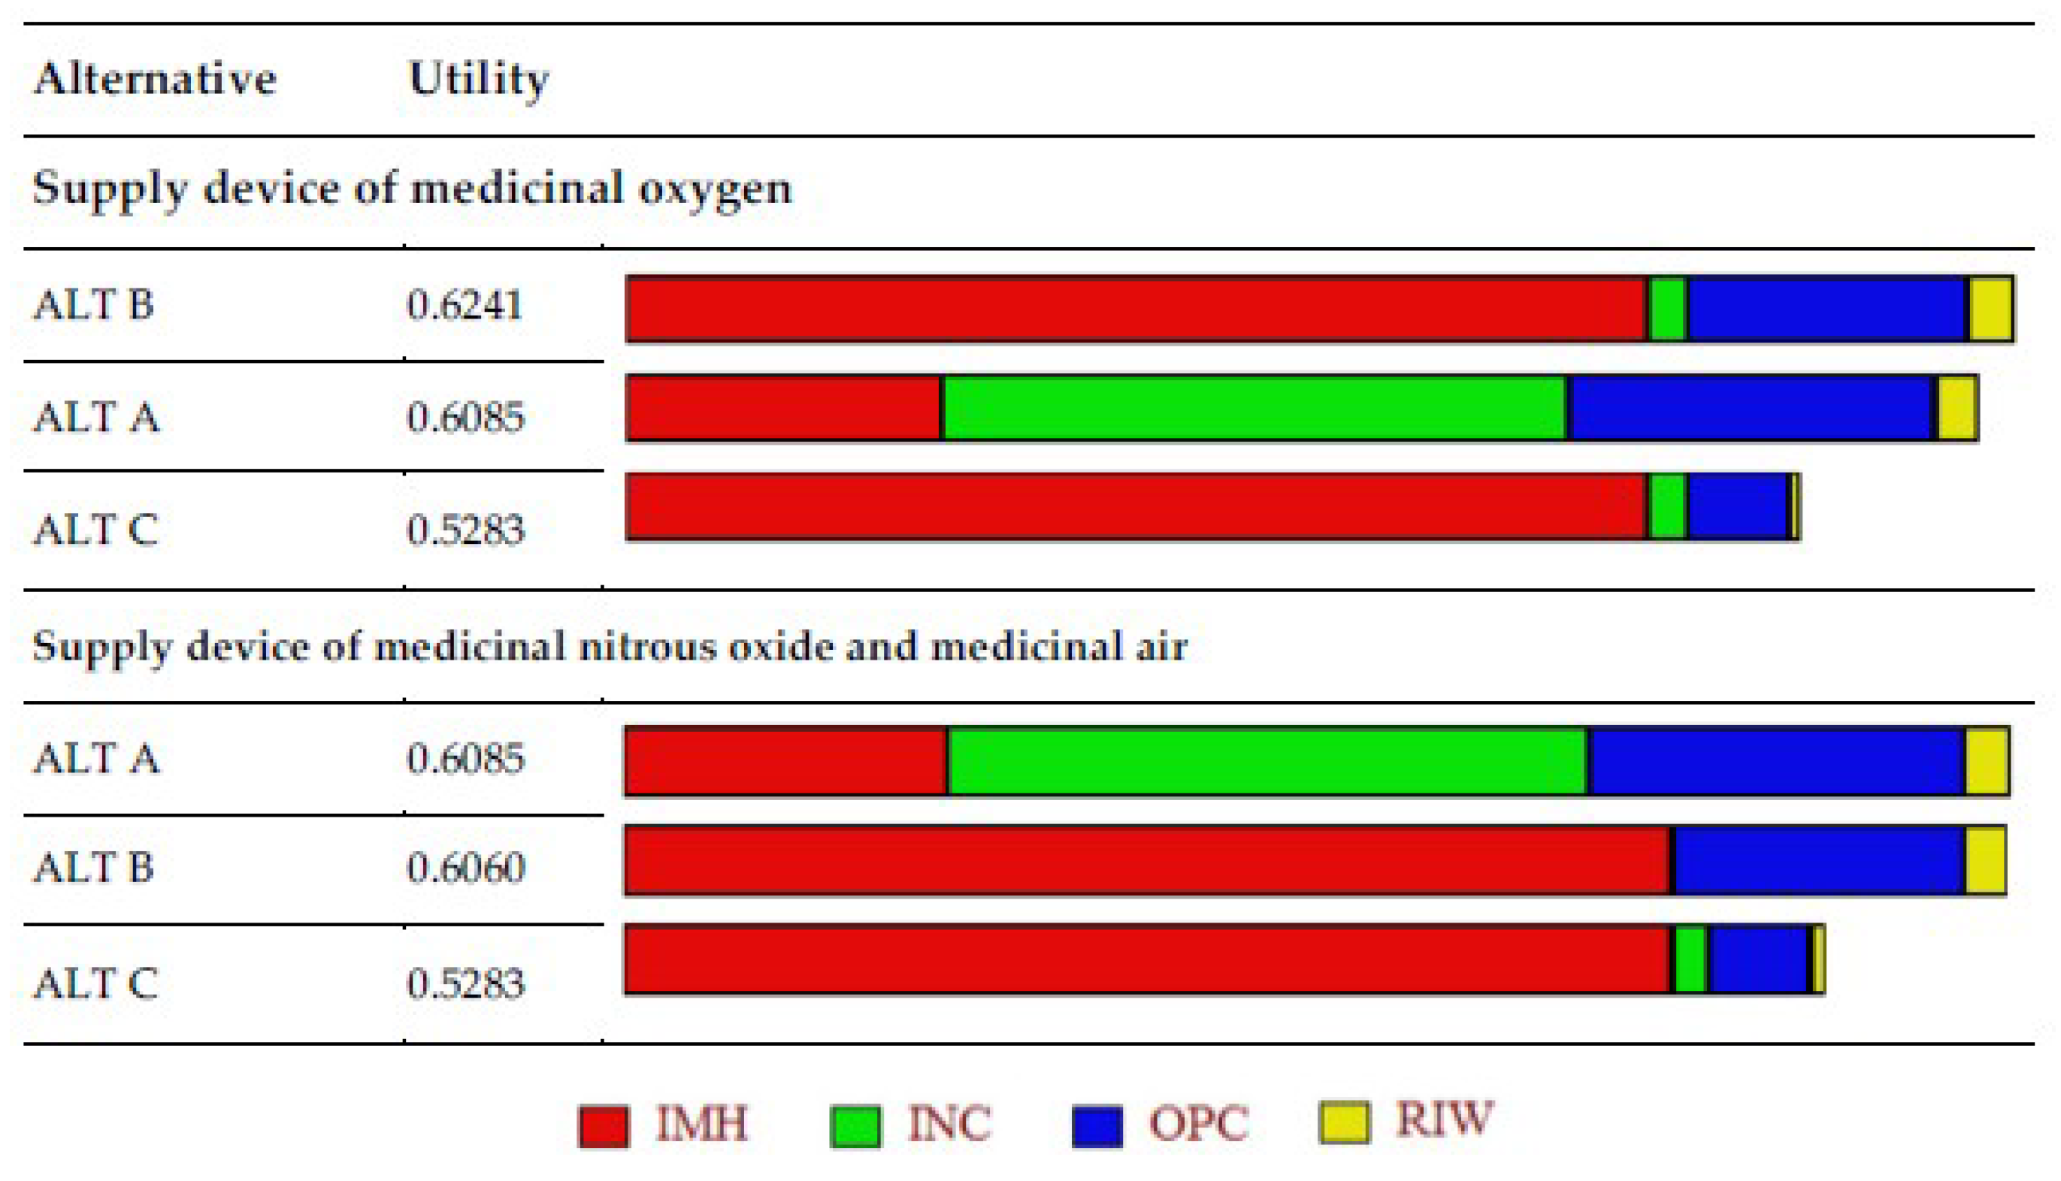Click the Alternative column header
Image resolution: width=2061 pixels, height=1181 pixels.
click(x=154, y=80)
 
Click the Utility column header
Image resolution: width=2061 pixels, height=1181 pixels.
click(x=479, y=80)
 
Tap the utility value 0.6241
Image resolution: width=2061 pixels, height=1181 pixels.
click(x=465, y=305)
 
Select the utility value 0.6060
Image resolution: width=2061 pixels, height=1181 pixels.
click(x=466, y=868)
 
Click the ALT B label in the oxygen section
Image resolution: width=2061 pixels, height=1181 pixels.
click(x=93, y=305)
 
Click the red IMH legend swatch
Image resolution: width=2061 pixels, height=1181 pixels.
click(x=603, y=1127)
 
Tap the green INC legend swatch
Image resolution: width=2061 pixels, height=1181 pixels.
click(x=855, y=1127)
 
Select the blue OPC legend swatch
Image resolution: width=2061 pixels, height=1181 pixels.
click(x=1097, y=1127)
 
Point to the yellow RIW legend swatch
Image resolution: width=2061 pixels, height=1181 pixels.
click(x=1345, y=1122)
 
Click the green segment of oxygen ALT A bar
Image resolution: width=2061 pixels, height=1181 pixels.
click(x=1254, y=408)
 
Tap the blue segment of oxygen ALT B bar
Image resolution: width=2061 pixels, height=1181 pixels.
click(x=1827, y=309)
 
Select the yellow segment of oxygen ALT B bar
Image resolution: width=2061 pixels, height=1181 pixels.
click(x=1991, y=309)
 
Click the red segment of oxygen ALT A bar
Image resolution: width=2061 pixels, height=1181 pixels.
click(x=784, y=408)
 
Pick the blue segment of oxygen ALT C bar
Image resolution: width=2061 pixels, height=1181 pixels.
click(x=1738, y=507)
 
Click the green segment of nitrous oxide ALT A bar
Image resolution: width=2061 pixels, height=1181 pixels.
click(x=1267, y=761)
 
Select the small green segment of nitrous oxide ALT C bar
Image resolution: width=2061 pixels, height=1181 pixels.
click(x=1691, y=959)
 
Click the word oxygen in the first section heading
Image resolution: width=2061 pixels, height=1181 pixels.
click(x=714, y=189)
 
